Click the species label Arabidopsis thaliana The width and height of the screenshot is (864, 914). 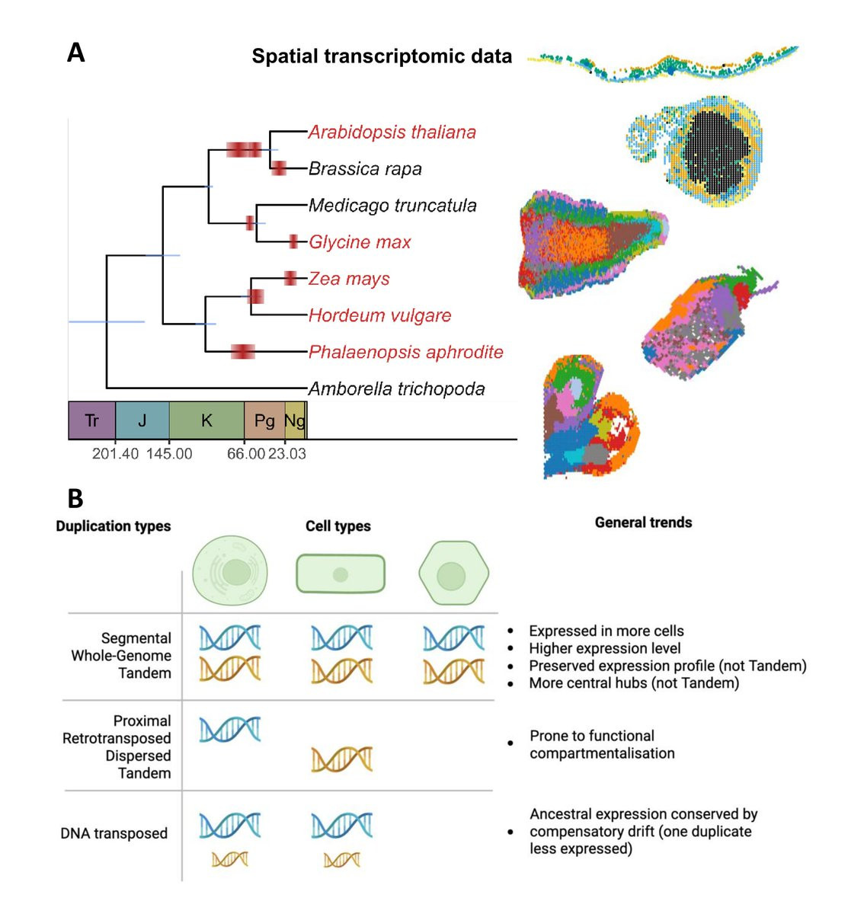click(x=392, y=133)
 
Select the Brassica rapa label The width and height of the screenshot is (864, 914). click(x=365, y=169)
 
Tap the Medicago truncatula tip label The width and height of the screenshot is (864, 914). click(x=392, y=206)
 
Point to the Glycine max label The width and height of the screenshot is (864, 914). click(x=360, y=242)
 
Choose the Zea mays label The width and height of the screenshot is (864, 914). click(x=349, y=279)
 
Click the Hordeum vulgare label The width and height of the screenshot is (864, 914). click(x=379, y=315)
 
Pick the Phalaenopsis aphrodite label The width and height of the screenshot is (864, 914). click(x=405, y=352)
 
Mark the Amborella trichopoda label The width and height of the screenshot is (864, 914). click(x=396, y=388)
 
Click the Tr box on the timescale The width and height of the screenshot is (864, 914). click(x=91, y=420)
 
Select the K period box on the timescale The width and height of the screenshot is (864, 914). click(x=206, y=420)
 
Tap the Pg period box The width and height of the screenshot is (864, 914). click(x=264, y=420)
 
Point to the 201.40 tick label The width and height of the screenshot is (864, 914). click(x=115, y=454)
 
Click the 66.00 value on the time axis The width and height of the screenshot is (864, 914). click(x=245, y=454)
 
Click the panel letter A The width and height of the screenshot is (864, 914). click(x=75, y=53)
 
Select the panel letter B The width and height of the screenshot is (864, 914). click(x=75, y=498)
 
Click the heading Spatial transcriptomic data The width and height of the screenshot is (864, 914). click(x=382, y=56)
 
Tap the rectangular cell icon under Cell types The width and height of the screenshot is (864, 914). click(x=341, y=574)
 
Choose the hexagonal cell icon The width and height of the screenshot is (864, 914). click(x=453, y=574)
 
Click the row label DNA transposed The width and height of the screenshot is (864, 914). click(x=114, y=833)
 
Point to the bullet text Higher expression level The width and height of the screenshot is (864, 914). click(x=605, y=648)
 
